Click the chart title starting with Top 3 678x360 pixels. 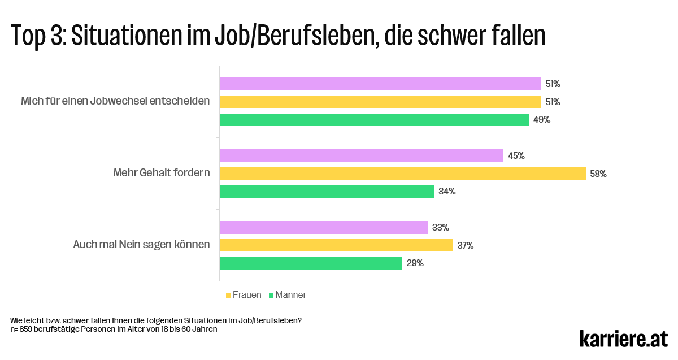(278, 36)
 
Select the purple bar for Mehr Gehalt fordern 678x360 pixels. (361, 155)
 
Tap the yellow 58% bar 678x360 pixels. (402, 174)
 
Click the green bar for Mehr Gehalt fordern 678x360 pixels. (327, 192)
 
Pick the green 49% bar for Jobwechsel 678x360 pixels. (374, 120)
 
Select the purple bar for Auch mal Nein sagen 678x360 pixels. (323, 227)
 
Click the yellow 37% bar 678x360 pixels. (336, 245)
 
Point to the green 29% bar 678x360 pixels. (311, 263)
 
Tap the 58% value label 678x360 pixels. (598, 174)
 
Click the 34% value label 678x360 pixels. (447, 192)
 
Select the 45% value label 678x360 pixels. (516, 156)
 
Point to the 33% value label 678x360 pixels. (441, 228)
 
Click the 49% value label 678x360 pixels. (542, 120)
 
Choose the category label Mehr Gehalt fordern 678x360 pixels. (162, 173)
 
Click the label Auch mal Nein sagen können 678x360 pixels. (141, 245)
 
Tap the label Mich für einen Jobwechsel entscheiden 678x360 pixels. (115, 101)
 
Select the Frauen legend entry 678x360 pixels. (244, 295)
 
